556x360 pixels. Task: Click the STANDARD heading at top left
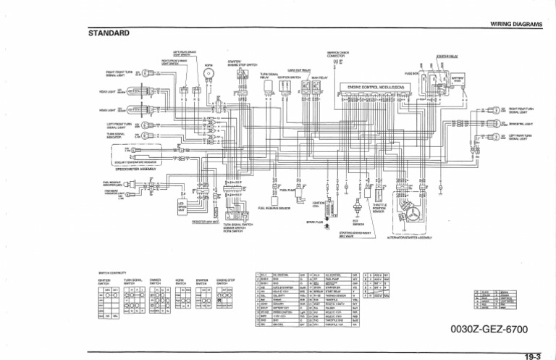(x=109, y=33)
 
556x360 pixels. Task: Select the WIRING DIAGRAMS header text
(x=516, y=24)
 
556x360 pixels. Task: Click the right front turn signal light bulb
(x=146, y=74)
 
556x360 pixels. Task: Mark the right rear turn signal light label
(x=523, y=111)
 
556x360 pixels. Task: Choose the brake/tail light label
(x=522, y=124)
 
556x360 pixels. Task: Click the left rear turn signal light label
(x=523, y=137)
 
